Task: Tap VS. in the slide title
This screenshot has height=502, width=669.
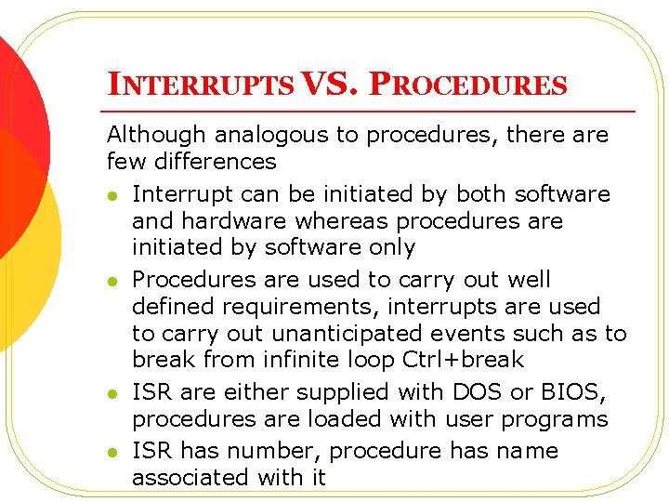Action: tap(330, 86)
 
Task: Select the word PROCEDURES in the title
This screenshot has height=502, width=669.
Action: tap(467, 86)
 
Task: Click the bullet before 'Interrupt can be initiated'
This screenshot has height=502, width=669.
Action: tap(112, 195)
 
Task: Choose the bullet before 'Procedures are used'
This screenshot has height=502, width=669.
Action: tap(112, 281)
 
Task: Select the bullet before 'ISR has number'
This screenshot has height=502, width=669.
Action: tap(112, 453)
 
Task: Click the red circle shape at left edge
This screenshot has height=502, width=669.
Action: tap(19, 102)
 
